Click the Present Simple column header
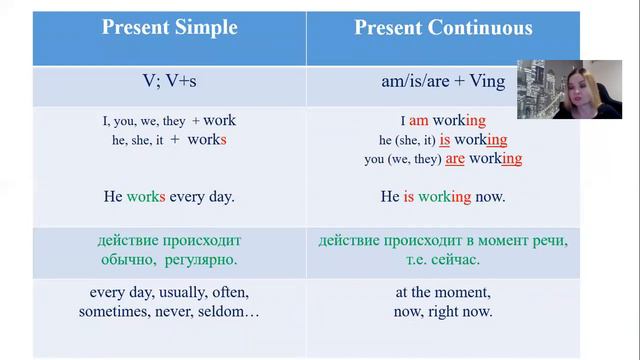click(x=169, y=28)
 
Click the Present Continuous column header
click(x=442, y=28)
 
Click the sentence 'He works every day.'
click(x=169, y=197)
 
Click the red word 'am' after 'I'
click(x=419, y=121)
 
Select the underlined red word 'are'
click(x=455, y=159)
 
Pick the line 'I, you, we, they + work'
click(x=169, y=121)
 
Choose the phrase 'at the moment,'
click(x=442, y=293)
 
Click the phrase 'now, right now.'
click(x=442, y=312)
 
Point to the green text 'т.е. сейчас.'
click(x=442, y=260)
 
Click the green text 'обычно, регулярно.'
click(x=169, y=260)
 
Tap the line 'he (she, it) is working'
click(x=442, y=140)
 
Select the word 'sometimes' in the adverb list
click(x=114, y=312)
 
